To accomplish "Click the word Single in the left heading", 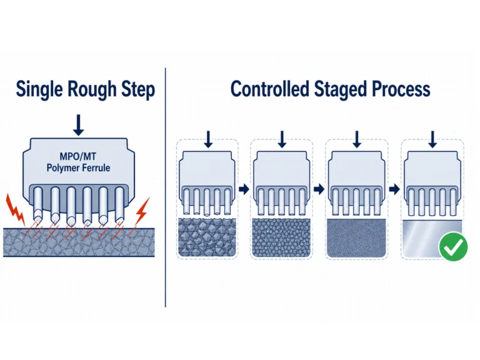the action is [x=40, y=90].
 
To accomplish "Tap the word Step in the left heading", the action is [x=138, y=90].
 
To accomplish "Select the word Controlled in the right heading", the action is [x=270, y=89].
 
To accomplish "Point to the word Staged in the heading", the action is [x=341, y=90].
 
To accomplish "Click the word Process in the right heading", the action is [x=401, y=89].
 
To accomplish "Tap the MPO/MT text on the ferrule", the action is [x=77, y=156].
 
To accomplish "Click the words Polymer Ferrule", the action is [x=78, y=167].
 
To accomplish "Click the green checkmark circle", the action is [x=453, y=246].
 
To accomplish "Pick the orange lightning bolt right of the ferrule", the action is [x=143, y=211].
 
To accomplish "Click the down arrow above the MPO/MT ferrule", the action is [x=79, y=125].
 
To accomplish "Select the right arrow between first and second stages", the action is [x=244, y=189].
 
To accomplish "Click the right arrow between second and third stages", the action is [x=319, y=189].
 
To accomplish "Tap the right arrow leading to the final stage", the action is [x=394, y=189].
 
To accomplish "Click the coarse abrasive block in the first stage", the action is [x=207, y=237].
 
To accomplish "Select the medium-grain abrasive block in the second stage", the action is [x=281, y=237].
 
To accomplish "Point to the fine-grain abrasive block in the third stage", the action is [x=356, y=238].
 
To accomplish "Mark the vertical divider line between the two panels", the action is [x=165, y=187].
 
